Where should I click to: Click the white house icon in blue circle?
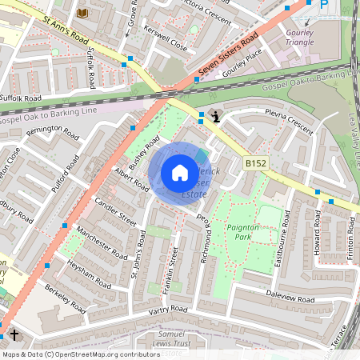click(180, 173)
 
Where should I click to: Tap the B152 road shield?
click(255, 163)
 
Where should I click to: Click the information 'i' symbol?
click(215, 117)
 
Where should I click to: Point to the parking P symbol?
click(324, 5)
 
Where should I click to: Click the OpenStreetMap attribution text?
click(81, 354)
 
